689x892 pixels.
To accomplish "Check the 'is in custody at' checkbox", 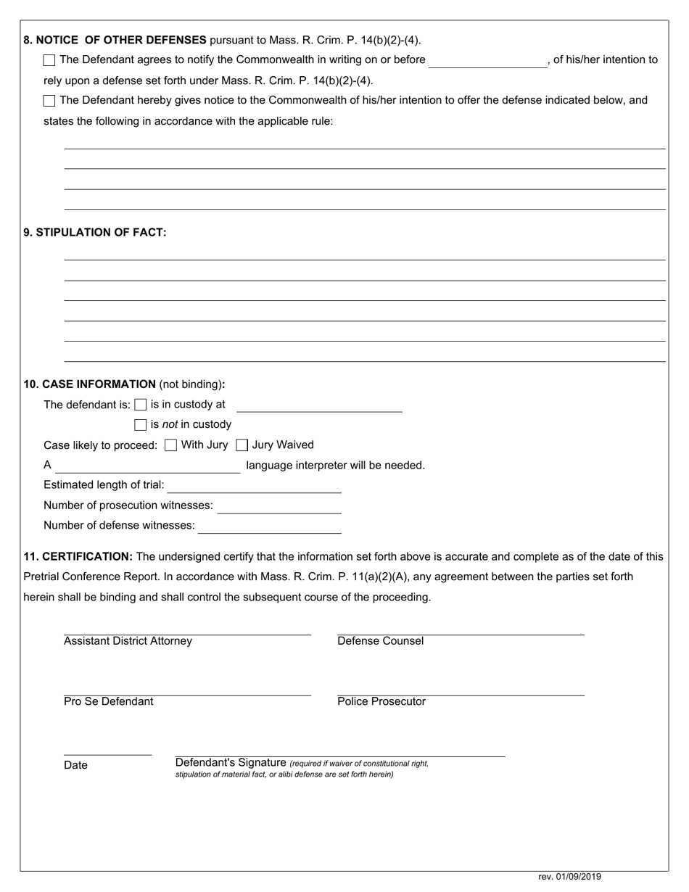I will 141,405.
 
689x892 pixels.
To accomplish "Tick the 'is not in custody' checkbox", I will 141,425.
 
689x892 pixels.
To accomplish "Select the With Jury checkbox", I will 170,445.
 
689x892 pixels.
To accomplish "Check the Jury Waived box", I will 242,445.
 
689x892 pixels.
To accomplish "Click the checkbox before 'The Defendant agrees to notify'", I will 49,60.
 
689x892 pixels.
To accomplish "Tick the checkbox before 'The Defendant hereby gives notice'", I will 49,101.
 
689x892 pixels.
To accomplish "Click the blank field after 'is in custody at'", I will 319,405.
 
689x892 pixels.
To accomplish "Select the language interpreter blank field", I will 147,466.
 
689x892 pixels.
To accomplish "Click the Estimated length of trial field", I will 254,486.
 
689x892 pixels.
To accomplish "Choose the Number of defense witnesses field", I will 269,526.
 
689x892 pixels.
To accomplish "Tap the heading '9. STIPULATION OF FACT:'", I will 95,233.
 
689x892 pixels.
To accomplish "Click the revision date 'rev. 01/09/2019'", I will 569,877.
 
